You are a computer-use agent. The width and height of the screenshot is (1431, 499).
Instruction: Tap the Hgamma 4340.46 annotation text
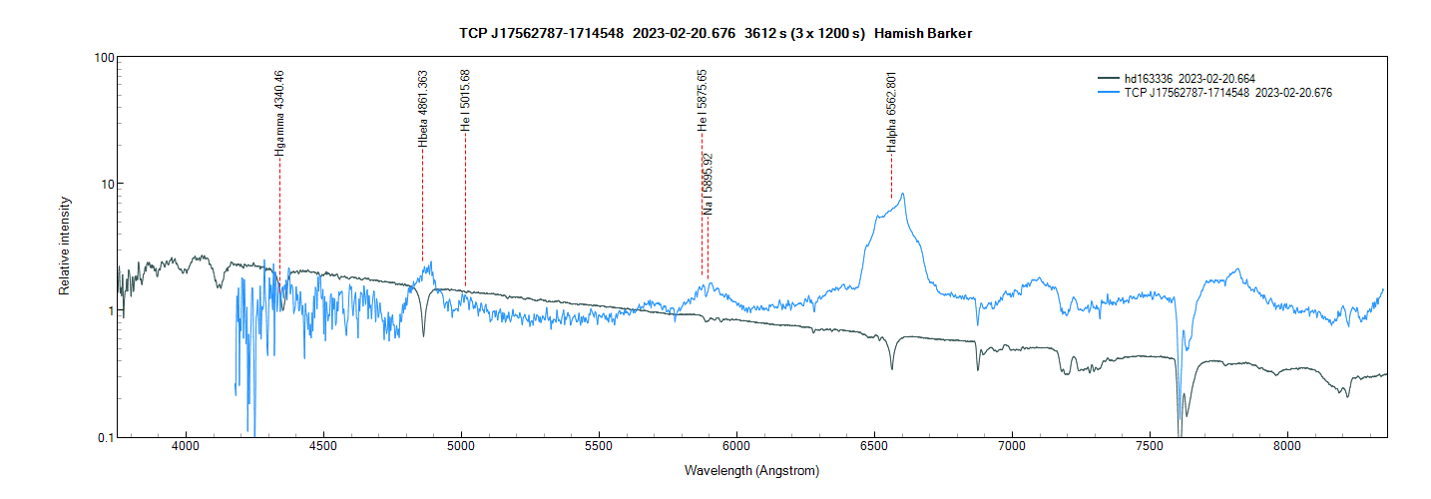(279, 110)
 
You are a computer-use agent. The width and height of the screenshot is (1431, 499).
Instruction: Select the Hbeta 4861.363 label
(422, 109)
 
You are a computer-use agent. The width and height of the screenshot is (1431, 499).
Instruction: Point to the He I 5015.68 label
(465, 101)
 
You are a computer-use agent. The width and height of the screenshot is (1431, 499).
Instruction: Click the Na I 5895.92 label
(708, 184)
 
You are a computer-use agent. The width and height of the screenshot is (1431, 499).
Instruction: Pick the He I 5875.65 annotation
(703, 101)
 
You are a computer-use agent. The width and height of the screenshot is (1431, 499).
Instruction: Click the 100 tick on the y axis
(100, 57)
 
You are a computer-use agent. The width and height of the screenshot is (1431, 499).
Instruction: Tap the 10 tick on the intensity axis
(103, 184)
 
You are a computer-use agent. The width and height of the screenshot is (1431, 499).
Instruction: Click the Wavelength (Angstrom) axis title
(751, 470)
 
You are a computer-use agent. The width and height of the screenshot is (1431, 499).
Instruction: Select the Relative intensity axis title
(65, 246)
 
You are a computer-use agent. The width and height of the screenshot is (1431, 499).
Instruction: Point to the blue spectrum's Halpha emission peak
(903, 194)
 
